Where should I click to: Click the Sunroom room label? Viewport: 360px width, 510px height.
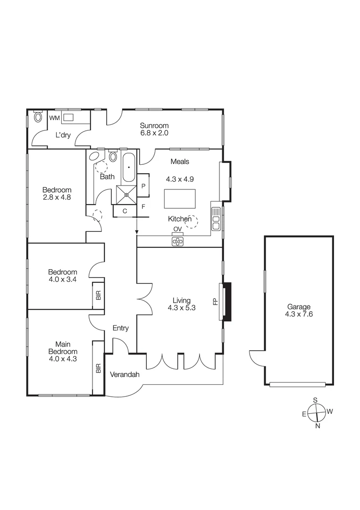(154, 126)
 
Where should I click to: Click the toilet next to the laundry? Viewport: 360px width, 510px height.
(38, 117)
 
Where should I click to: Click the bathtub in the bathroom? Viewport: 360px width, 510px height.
(129, 168)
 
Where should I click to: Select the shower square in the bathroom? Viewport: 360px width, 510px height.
(126, 194)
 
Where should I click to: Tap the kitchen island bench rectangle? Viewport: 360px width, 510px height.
(179, 199)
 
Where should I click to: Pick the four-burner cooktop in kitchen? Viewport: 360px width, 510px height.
(177, 241)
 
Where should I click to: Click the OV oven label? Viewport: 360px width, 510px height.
(177, 229)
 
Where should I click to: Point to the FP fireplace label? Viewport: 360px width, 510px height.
(215, 301)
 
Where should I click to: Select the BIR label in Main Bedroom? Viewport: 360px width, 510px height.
(99, 368)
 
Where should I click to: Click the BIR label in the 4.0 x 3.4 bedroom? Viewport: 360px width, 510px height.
(99, 295)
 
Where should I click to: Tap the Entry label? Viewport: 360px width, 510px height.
(120, 328)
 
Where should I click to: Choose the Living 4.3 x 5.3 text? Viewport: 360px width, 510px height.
(181, 304)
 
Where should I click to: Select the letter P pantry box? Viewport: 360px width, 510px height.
(143, 186)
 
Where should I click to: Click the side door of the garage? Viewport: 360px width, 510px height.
(257, 358)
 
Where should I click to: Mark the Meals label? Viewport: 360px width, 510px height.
(180, 161)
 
